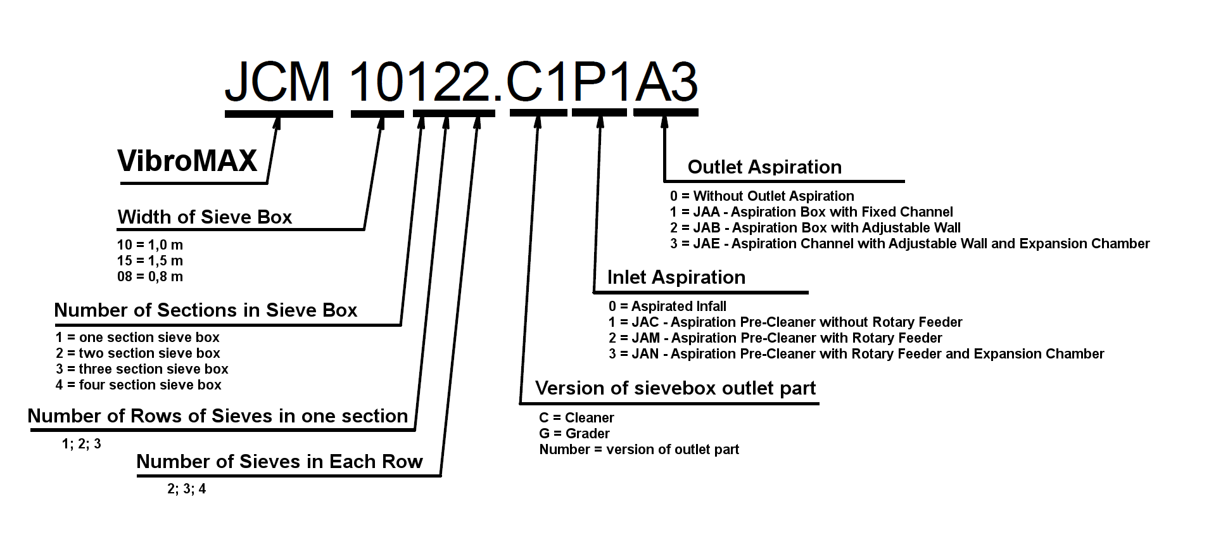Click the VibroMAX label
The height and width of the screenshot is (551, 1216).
(x=187, y=160)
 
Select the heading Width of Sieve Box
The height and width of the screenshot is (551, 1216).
(x=205, y=217)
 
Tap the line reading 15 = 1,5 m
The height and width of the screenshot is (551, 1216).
(x=150, y=260)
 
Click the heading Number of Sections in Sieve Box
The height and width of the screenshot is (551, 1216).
(x=206, y=310)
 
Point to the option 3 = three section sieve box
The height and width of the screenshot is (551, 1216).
(x=142, y=369)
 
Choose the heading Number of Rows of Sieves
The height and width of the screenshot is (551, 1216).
(x=218, y=416)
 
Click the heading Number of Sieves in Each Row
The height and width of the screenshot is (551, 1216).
(x=279, y=462)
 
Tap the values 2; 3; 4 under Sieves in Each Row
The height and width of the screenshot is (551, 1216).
(x=187, y=489)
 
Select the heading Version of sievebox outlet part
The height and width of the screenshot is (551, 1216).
(x=675, y=388)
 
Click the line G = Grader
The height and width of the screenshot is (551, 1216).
(x=574, y=433)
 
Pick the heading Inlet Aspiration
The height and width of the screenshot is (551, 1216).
(x=676, y=277)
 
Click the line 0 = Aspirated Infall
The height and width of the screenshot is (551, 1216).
(x=668, y=306)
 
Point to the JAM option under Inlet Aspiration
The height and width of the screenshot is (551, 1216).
(x=775, y=338)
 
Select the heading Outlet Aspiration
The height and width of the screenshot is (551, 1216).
(x=764, y=167)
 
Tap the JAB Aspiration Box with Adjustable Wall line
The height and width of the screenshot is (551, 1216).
(x=815, y=227)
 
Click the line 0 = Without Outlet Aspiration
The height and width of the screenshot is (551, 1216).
(x=762, y=196)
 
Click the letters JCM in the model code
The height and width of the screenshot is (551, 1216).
(x=278, y=82)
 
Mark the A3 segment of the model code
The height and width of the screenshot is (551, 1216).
(x=666, y=82)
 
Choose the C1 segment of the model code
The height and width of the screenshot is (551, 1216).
(x=538, y=82)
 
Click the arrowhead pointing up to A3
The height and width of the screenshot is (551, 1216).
(x=664, y=121)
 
